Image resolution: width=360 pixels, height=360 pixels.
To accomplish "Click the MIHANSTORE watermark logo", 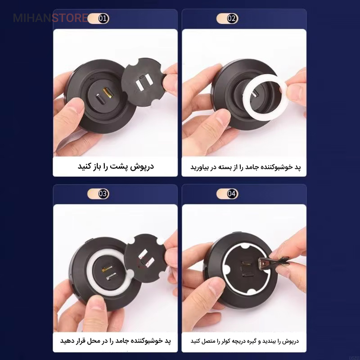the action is (50, 18).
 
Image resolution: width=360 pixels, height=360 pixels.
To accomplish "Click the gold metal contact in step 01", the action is (107, 93).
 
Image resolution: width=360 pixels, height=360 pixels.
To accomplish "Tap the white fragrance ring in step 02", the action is (265, 97).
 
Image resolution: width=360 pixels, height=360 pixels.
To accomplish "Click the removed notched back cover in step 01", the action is (144, 82).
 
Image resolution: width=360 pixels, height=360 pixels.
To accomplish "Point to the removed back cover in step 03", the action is (145, 258).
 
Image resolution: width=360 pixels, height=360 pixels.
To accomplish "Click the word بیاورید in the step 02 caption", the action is (199, 167).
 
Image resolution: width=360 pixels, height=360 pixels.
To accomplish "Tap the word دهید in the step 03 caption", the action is (65, 341).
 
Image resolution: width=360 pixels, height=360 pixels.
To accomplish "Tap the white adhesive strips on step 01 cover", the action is (144, 81).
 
